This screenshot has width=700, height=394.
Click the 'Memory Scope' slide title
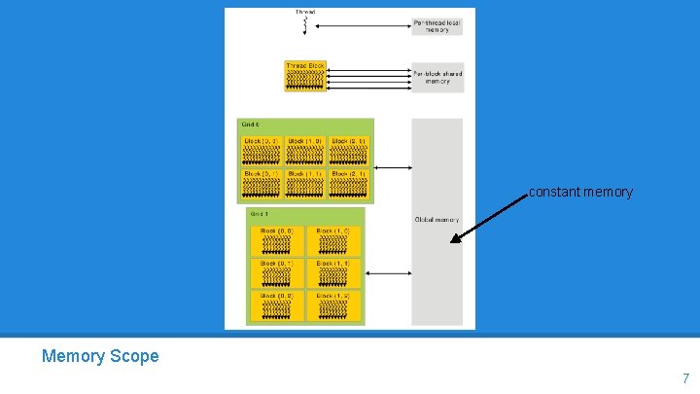(x=100, y=356)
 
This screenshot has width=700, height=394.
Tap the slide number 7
(x=685, y=378)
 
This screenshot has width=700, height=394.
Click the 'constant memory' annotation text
(x=580, y=193)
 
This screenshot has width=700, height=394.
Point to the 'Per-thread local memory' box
(x=437, y=25)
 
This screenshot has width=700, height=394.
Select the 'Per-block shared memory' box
(x=437, y=77)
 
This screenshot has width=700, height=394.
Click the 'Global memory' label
(x=437, y=220)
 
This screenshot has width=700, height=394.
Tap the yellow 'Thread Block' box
(x=305, y=76)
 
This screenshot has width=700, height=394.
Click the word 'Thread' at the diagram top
(x=305, y=12)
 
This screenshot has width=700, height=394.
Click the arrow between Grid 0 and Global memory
(x=393, y=167)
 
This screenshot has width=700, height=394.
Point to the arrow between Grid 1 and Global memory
(x=388, y=273)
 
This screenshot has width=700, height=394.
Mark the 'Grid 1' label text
(x=260, y=214)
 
